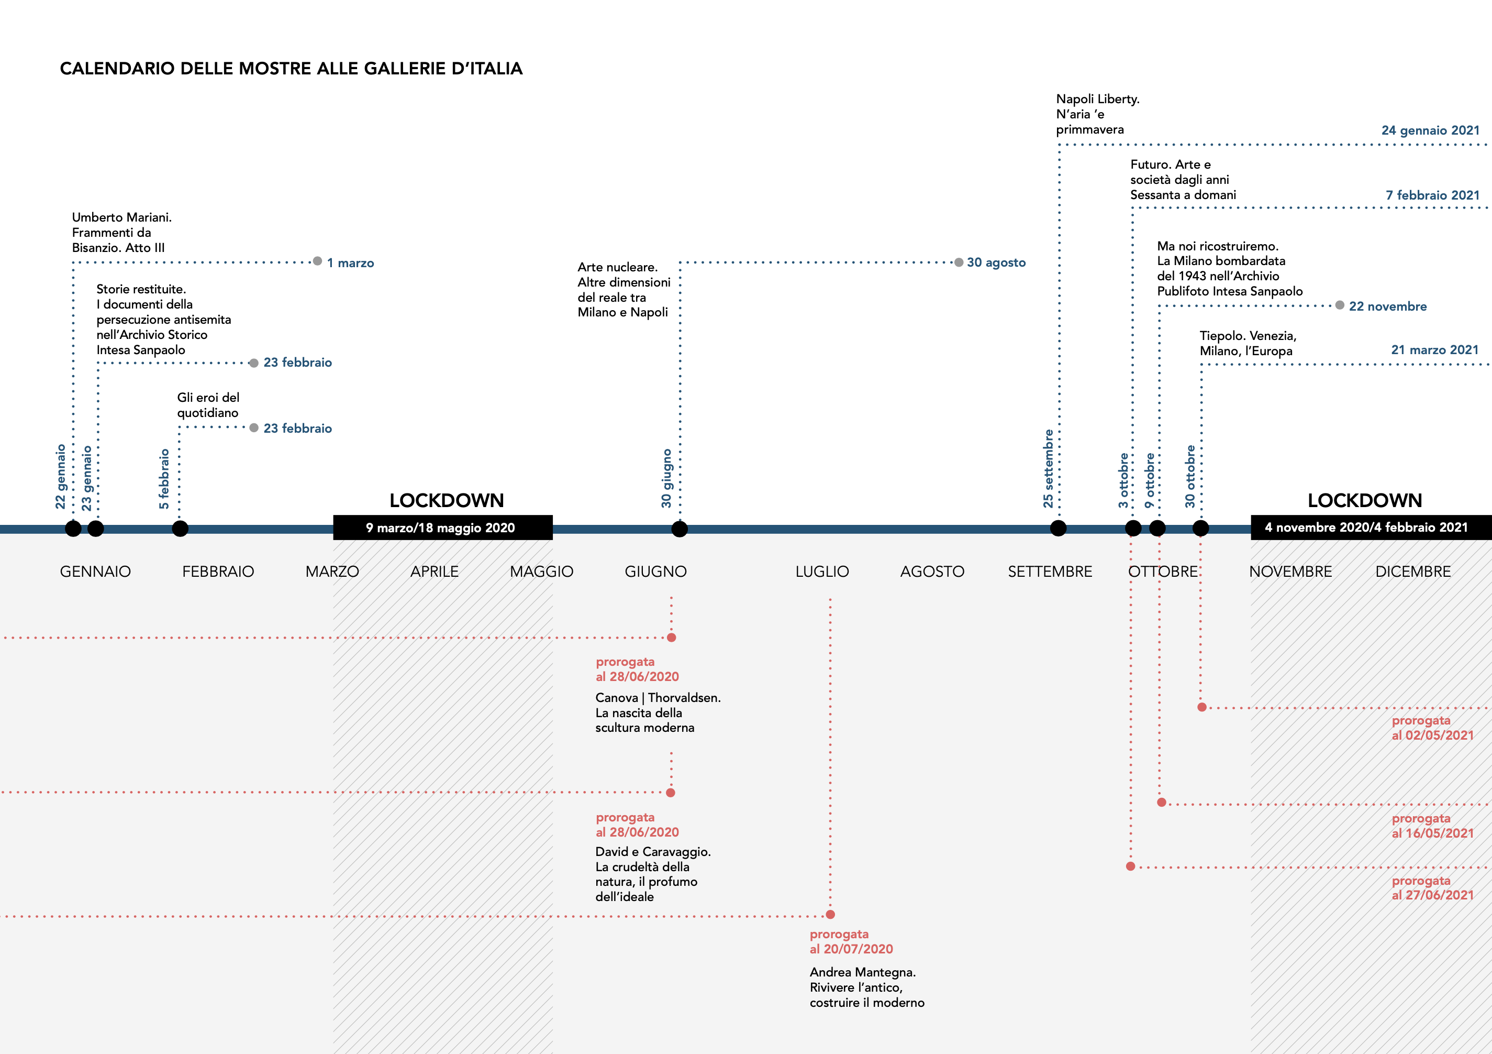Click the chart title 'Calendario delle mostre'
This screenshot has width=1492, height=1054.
tap(291, 68)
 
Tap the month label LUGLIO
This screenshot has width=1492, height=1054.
tap(822, 572)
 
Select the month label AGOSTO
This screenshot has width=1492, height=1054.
tap(932, 572)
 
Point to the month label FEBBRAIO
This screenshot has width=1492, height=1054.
tap(218, 572)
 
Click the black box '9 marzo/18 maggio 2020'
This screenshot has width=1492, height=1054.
tap(442, 528)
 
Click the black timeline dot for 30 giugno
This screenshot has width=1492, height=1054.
tap(679, 529)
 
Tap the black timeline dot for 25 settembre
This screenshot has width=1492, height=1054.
tap(1058, 529)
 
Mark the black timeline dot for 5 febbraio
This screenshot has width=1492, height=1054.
tap(180, 529)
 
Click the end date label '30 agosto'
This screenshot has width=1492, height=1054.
tap(996, 262)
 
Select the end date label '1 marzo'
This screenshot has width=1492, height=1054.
tap(350, 262)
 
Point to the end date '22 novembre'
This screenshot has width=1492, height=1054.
tap(1387, 306)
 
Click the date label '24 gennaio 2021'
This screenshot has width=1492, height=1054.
tap(1430, 130)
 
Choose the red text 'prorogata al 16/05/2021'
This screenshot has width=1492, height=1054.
tap(1432, 826)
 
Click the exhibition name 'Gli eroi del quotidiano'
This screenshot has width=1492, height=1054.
tap(208, 405)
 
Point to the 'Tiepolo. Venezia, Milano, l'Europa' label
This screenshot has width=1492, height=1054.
tap(1248, 343)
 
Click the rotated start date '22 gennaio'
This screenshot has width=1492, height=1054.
tap(60, 476)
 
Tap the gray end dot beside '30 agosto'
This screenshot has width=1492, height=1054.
tap(959, 262)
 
